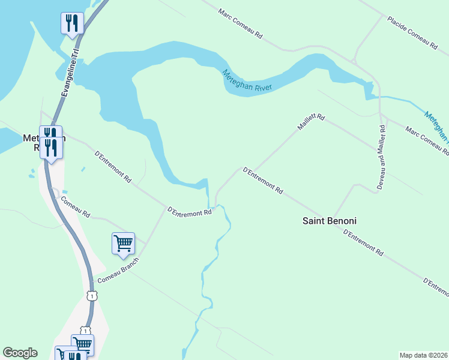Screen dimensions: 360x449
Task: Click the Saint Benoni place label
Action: [x=329, y=221]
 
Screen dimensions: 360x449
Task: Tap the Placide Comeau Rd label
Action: [x=411, y=33]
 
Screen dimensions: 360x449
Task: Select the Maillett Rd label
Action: [x=310, y=122]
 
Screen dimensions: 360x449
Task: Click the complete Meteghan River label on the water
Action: [x=247, y=80]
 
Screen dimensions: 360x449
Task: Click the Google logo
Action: [x=20, y=353]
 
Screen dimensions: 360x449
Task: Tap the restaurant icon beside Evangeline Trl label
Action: [x=72, y=24]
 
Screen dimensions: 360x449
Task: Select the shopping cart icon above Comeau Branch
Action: [x=123, y=244]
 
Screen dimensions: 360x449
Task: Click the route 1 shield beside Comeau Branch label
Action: [x=91, y=296]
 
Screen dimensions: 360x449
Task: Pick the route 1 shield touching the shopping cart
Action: [x=86, y=331]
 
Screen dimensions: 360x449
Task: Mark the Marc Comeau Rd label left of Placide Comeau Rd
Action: [x=241, y=24]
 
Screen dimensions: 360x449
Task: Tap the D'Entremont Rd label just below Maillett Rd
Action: [x=263, y=180]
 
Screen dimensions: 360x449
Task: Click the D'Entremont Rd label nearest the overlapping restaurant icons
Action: [x=113, y=166]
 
